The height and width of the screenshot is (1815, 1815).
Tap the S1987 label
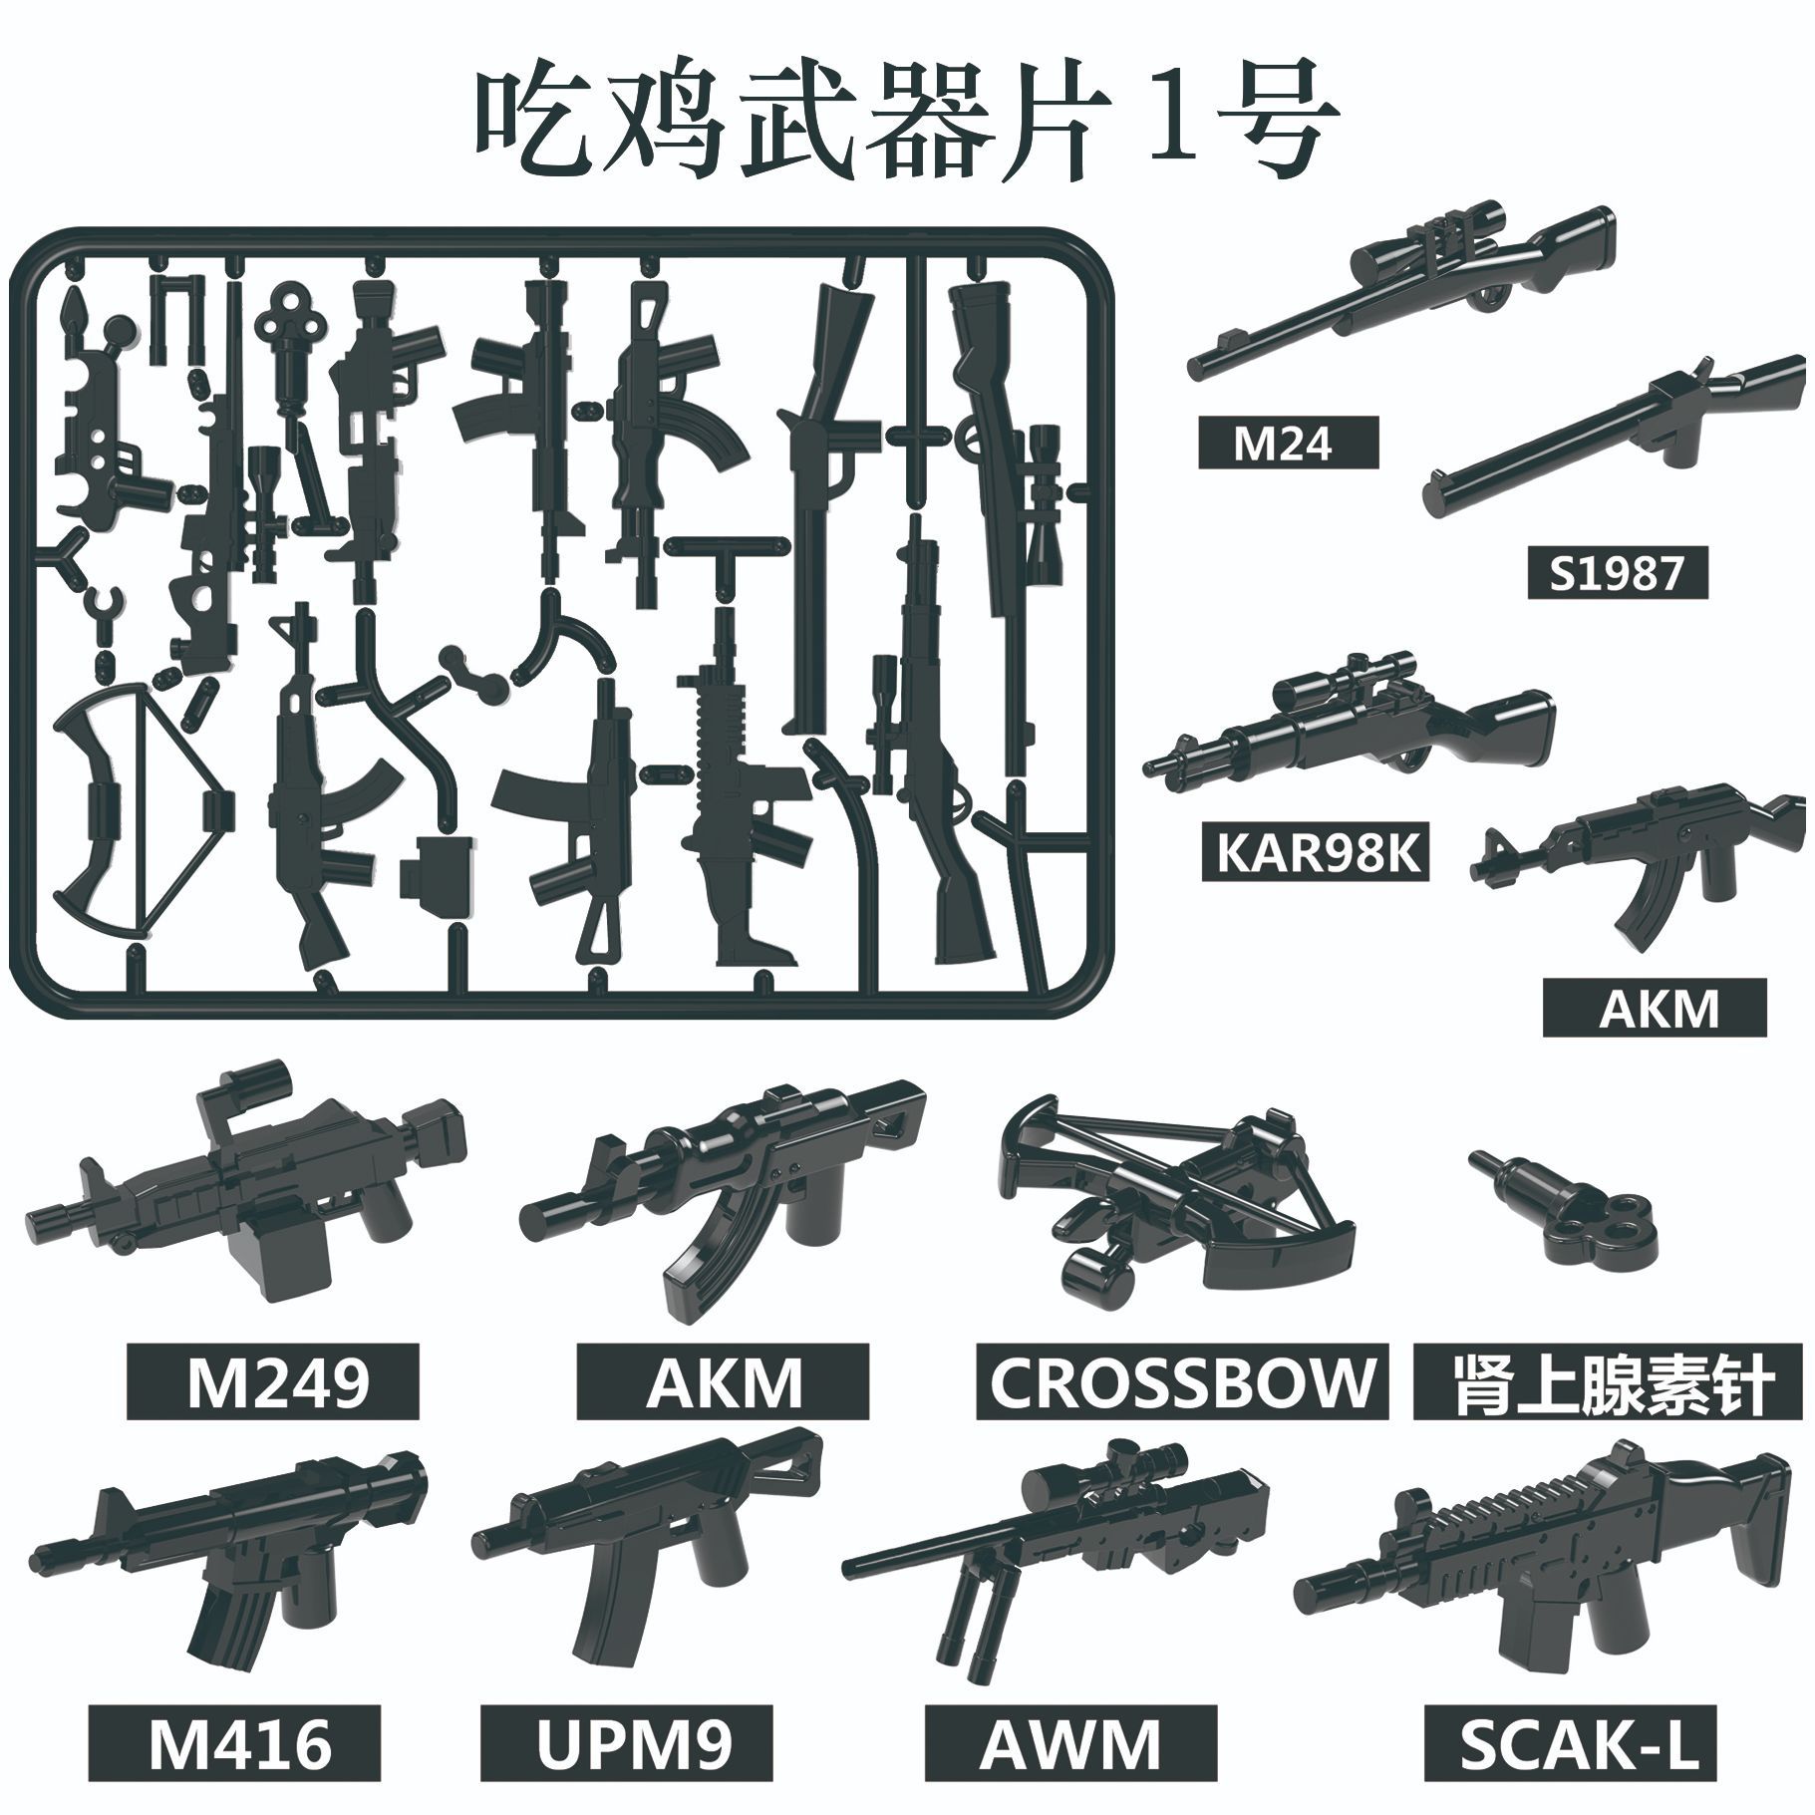(x=1617, y=573)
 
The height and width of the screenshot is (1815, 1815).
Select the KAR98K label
(x=1317, y=854)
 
